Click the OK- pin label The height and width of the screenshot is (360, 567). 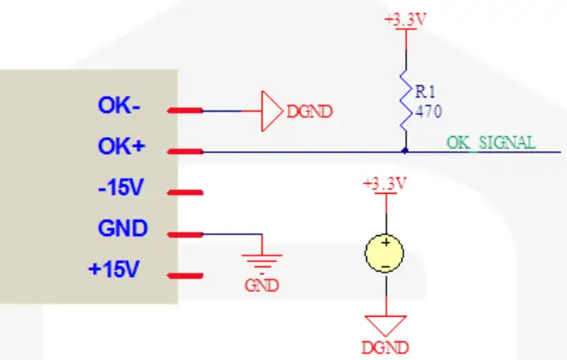pos(119,106)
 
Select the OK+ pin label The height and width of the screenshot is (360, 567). pos(119,147)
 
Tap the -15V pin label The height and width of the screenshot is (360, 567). pos(119,188)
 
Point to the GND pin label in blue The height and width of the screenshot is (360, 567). pos(122,229)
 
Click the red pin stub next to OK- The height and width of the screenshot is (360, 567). pos(186,111)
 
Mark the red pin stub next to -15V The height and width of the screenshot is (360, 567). pos(186,192)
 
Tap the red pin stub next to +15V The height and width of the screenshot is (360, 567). pos(186,274)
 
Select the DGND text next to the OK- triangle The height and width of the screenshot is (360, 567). pos(309,112)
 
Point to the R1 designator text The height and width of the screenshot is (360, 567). pos(425,91)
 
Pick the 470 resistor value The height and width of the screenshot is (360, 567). pos(428,111)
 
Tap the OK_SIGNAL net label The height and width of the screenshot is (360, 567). pos(490,142)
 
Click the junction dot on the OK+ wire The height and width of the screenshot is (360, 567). pos(405,151)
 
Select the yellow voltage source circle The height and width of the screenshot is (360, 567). pos(385,254)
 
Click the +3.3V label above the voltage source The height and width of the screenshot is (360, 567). pos(385,184)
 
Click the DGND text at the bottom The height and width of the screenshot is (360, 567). pos(385,346)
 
